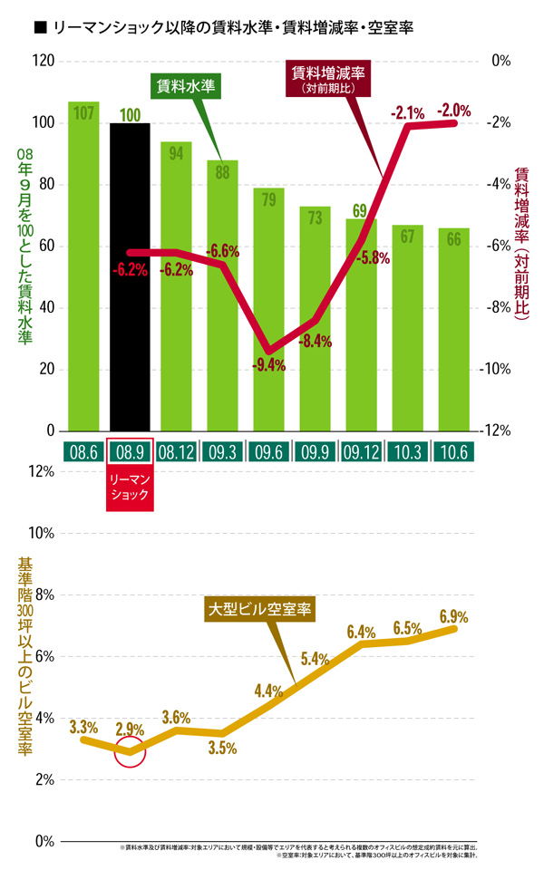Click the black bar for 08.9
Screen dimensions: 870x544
tap(130, 276)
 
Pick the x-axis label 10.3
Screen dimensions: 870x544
tap(408, 451)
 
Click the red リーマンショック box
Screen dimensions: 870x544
tap(130, 488)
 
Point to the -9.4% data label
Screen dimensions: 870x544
tap(269, 366)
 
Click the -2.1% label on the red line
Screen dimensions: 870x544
tap(407, 113)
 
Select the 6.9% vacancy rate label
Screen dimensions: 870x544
tap(453, 617)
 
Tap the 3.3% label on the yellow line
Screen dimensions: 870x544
tap(83, 727)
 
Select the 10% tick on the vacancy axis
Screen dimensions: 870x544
tap(44, 534)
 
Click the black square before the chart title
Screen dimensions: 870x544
tap(39, 28)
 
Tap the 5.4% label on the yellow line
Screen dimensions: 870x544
tap(314, 659)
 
